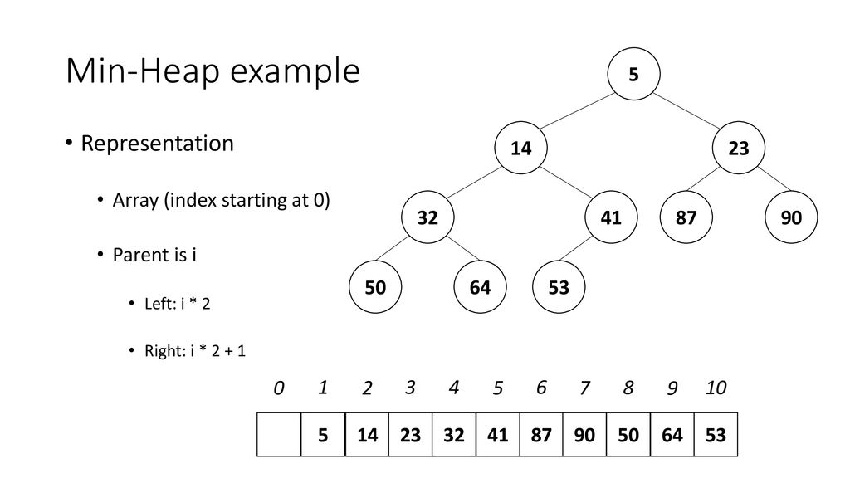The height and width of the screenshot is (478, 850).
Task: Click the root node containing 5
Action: pyautogui.click(x=633, y=74)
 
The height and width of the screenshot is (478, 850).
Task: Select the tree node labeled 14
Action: pyautogui.click(x=520, y=148)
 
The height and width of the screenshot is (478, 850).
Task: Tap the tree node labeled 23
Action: pyautogui.click(x=738, y=148)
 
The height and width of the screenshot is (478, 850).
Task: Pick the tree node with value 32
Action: pyautogui.click(x=427, y=217)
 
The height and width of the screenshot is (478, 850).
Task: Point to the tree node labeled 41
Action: pyautogui.click(x=611, y=217)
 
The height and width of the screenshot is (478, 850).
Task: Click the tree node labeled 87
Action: pyautogui.click(x=686, y=217)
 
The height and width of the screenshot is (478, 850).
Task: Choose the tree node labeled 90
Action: pyautogui.click(x=791, y=217)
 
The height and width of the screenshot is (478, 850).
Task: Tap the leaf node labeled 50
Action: pyautogui.click(x=375, y=286)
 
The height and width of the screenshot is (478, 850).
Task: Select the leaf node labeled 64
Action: pyautogui.click(x=480, y=286)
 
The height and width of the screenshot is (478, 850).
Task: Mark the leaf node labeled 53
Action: pyautogui.click(x=559, y=286)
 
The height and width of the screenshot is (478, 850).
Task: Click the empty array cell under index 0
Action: pyautogui.click(x=279, y=434)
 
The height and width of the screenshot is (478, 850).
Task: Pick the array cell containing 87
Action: pyautogui.click(x=541, y=434)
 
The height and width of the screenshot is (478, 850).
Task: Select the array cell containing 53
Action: pyautogui.click(x=716, y=434)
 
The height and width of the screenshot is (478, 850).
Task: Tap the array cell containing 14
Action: pyautogui.click(x=367, y=434)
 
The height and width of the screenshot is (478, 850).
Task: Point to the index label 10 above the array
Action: pyautogui.click(x=716, y=388)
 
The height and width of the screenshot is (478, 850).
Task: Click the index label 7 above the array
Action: pyautogui.click(x=584, y=388)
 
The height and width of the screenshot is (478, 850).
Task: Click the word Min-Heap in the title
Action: pyautogui.click(x=143, y=71)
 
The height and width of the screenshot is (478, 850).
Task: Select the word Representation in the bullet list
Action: pyautogui.click(x=157, y=144)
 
